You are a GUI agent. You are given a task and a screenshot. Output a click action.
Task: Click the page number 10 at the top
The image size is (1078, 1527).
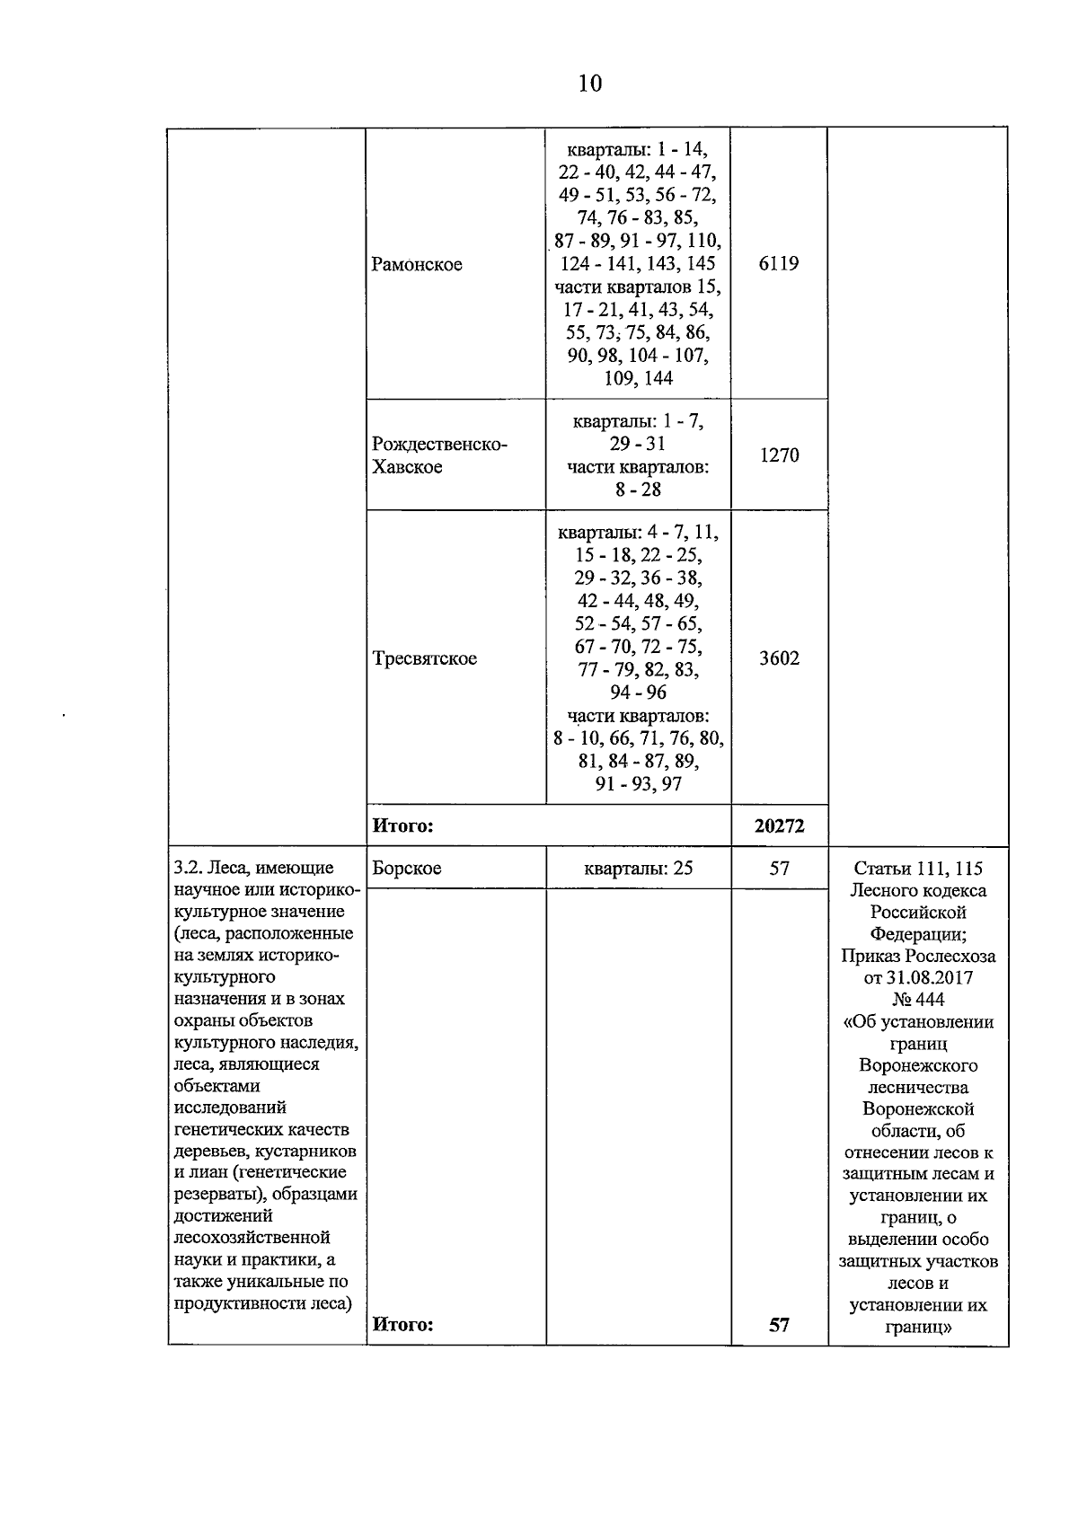point(589,84)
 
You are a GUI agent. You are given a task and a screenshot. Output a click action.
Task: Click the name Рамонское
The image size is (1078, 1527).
point(416,265)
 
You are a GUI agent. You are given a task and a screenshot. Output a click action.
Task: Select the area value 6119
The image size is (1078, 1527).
point(778,264)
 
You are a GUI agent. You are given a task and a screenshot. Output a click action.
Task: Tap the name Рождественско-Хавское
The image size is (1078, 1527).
point(439,455)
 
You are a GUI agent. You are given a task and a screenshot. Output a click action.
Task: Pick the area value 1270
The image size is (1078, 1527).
point(778,455)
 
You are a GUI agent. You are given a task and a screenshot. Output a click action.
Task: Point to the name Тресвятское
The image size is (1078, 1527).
point(424,658)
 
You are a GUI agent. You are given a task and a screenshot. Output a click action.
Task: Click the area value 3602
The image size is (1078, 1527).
point(778,658)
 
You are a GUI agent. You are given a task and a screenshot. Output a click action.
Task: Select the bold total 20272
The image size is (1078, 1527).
point(778,826)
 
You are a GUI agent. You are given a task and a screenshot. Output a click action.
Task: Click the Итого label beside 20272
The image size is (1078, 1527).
point(402,826)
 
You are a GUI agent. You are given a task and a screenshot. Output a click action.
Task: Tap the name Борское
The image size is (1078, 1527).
point(406,869)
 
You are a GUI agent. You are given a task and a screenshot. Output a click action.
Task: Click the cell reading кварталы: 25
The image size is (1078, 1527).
point(638,869)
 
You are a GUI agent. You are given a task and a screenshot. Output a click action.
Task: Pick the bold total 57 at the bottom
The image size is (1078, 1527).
point(778,1325)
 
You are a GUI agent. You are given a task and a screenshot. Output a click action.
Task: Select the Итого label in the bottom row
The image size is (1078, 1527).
point(402,1325)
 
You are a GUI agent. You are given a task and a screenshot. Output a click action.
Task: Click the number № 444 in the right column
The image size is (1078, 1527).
point(917,1000)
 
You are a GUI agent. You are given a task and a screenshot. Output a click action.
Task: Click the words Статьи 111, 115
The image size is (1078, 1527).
point(917,869)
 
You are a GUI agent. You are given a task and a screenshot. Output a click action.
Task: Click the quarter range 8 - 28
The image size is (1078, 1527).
point(638,490)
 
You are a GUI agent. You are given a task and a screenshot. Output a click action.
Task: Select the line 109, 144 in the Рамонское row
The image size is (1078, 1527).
point(638,378)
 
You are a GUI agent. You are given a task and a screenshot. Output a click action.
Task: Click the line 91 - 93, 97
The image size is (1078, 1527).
point(638,784)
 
